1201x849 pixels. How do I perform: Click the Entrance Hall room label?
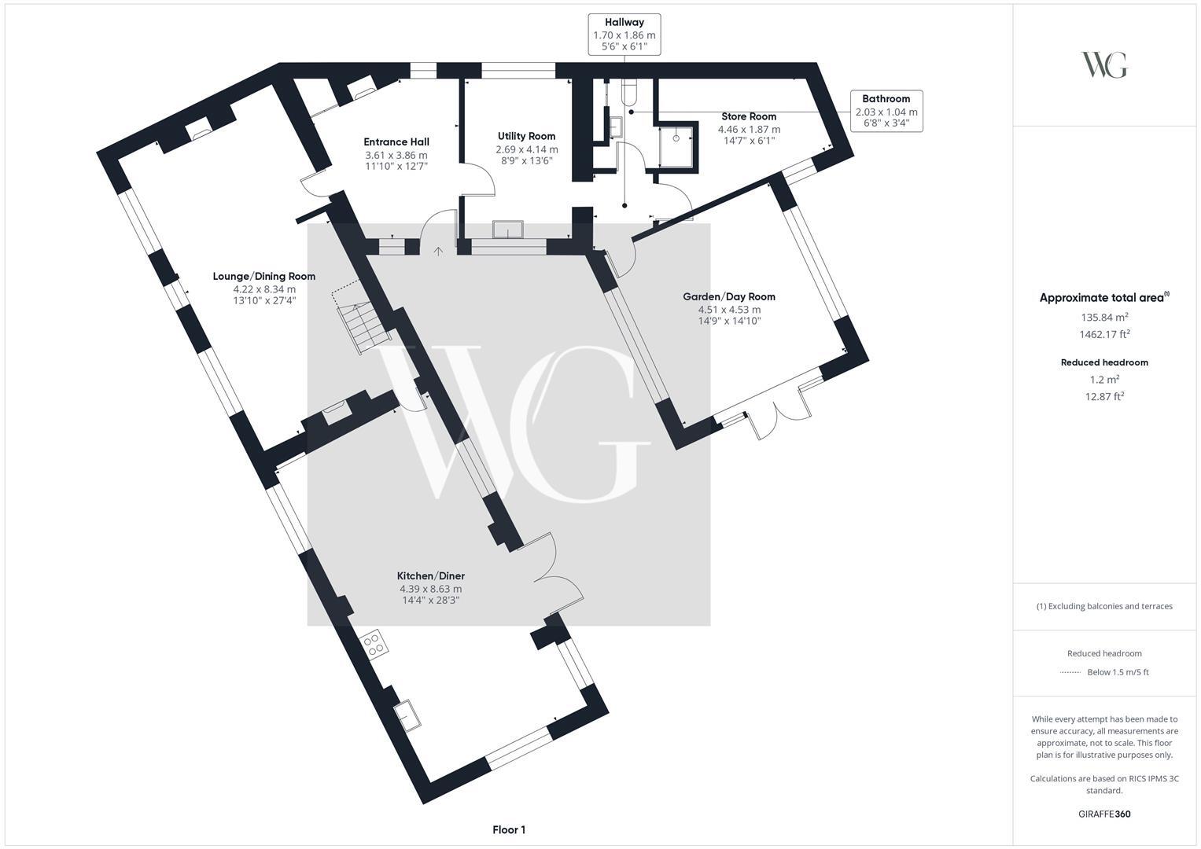[x=396, y=142]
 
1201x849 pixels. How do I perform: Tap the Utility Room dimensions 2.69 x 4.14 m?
[x=526, y=149]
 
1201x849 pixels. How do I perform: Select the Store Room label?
[x=749, y=116]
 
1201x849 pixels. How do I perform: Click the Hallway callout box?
[x=624, y=35]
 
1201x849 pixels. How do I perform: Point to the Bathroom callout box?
[x=886, y=111]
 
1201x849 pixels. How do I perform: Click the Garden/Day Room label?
[x=728, y=296]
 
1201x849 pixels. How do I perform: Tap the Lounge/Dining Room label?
[x=263, y=276]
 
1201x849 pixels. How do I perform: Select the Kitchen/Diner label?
[x=430, y=575]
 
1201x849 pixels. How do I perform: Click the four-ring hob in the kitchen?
[x=374, y=644]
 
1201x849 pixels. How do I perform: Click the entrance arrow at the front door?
[x=438, y=251]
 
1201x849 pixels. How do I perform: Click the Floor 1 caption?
[x=509, y=829]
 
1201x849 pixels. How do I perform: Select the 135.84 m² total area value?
[x=1104, y=318]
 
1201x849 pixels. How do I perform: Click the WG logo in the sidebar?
[x=1104, y=65]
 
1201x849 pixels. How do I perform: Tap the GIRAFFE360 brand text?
[x=1104, y=814]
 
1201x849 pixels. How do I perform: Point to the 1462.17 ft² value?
[x=1104, y=334]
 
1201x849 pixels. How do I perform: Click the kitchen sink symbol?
[x=407, y=715]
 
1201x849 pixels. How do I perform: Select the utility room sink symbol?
[x=508, y=229]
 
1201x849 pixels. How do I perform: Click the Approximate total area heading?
[x=1104, y=297]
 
